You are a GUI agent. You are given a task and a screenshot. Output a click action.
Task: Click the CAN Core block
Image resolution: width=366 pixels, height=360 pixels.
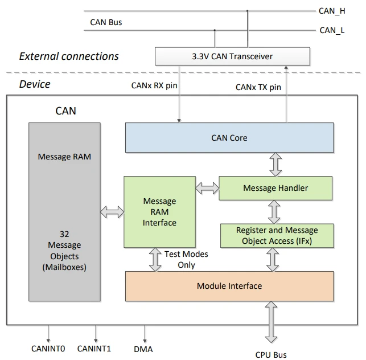click(229, 138)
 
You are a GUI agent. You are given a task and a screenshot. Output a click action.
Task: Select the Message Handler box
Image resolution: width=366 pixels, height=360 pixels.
click(275, 188)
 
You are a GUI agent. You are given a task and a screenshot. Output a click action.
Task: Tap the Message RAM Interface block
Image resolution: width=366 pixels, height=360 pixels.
click(159, 211)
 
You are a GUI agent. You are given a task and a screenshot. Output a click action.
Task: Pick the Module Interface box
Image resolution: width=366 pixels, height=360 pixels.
click(229, 286)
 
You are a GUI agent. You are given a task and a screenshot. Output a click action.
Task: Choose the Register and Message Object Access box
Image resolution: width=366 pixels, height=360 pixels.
click(277, 236)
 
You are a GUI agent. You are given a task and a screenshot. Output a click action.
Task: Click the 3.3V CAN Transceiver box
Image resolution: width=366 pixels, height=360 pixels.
click(232, 56)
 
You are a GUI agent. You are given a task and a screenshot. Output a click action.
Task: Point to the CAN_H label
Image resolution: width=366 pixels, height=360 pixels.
click(332, 10)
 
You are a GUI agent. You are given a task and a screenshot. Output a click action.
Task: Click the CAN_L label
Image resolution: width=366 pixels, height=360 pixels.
click(332, 30)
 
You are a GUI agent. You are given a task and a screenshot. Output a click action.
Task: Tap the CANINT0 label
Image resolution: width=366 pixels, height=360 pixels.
click(48, 348)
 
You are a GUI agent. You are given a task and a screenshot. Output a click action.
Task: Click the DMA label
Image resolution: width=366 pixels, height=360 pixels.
click(143, 349)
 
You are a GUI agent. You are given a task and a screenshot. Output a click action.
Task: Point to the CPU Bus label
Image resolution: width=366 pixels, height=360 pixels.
click(271, 354)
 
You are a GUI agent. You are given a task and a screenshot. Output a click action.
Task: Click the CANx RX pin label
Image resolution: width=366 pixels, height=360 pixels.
click(154, 86)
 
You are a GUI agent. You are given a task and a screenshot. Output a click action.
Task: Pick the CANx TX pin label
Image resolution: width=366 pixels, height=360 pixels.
click(258, 87)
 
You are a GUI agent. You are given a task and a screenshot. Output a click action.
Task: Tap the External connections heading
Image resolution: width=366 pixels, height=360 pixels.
click(69, 56)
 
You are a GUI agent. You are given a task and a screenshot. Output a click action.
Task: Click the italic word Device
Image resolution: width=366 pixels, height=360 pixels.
click(35, 84)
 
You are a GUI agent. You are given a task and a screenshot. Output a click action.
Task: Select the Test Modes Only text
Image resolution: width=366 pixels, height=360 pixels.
click(186, 260)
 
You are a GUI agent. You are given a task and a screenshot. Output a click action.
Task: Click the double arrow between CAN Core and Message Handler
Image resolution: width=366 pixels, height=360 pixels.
click(275, 164)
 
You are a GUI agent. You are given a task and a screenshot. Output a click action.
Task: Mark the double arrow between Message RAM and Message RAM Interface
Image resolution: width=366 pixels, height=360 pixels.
click(112, 212)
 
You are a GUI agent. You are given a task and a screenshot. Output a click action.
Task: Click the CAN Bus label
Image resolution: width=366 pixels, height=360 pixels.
click(106, 23)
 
